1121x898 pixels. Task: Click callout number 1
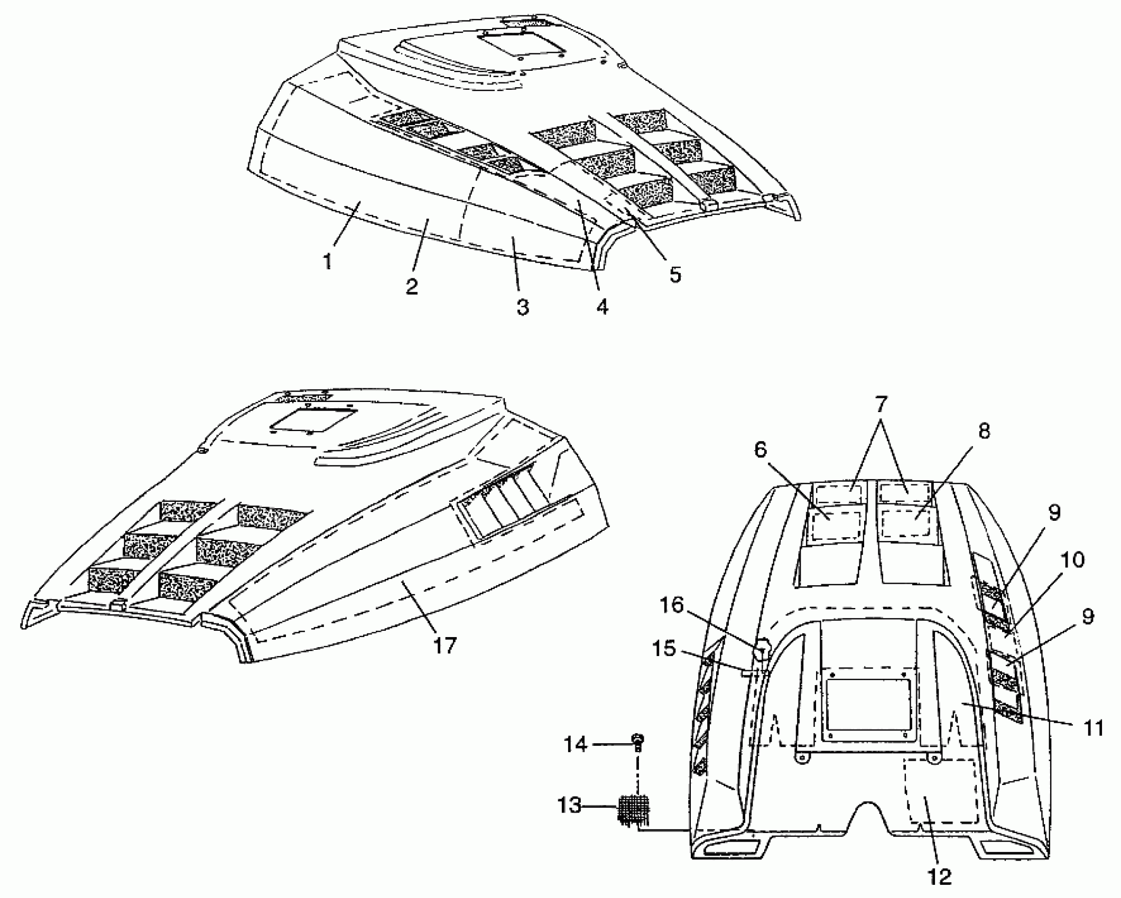pos(328,261)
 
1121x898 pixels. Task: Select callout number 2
pos(412,286)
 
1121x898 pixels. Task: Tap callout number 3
pos(522,306)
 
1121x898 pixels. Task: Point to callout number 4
pos(602,306)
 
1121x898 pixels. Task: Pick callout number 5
pos(675,274)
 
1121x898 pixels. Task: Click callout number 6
pos(759,449)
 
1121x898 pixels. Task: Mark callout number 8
pos(984,431)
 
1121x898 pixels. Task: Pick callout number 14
pos(575,745)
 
